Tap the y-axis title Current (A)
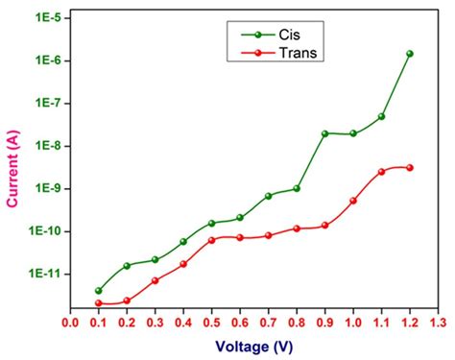[x=14, y=161]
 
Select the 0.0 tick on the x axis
[x=70, y=323]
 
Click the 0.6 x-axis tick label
[x=240, y=323]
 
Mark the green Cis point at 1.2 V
[x=410, y=54]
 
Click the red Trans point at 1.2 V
[x=410, y=167]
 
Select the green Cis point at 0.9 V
[x=324, y=133]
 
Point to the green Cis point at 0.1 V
[x=99, y=290]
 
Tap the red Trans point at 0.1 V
[x=99, y=303]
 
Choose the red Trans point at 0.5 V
[x=211, y=240]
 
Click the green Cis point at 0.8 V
[x=297, y=188]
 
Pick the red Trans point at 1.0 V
[x=353, y=201]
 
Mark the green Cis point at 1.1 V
[x=381, y=116]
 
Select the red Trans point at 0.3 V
[x=156, y=280]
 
